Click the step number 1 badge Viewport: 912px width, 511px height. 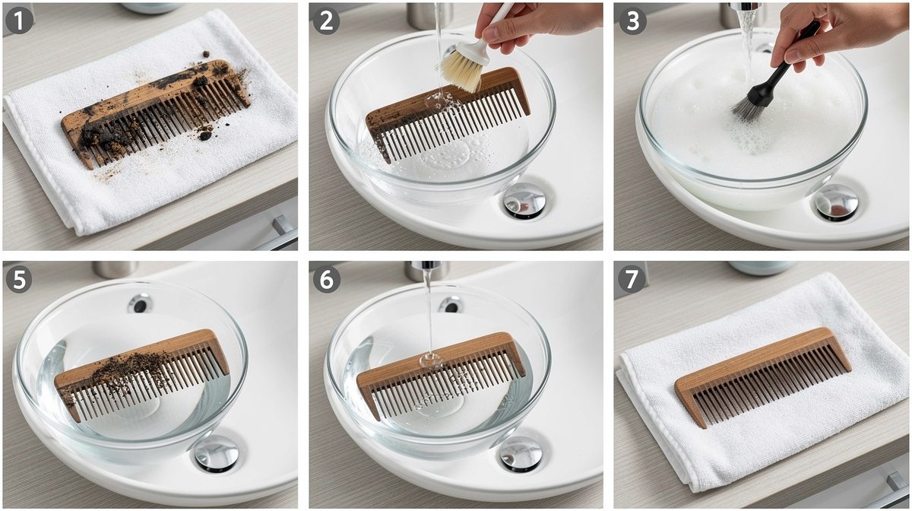tap(19, 21)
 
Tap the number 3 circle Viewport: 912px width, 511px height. tap(632, 21)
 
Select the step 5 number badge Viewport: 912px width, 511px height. tap(19, 280)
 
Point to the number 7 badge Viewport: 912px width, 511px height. tap(632, 280)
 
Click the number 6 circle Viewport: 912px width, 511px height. tap(327, 280)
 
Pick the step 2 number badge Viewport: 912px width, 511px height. tap(327, 21)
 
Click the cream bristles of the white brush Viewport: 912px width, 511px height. tap(461, 72)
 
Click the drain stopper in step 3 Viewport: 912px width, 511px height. tap(836, 202)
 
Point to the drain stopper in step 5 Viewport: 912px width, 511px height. tap(216, 453)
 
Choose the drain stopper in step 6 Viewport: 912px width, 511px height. tap(521, 454)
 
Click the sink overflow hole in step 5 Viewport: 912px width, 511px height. tap(140, 303)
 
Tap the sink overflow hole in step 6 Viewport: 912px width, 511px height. tap(451, 304)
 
